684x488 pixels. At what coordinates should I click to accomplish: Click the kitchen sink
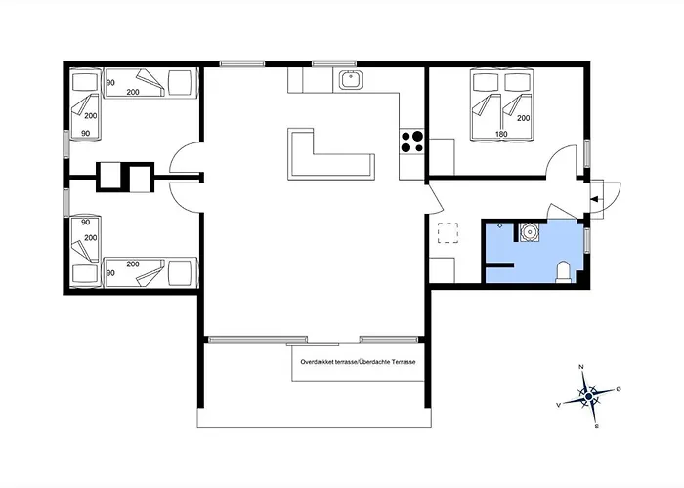[x=350, y=79]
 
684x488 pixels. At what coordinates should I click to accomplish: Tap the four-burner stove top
[x=412, y=142]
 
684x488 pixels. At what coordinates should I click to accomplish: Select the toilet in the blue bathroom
[x=564, y=272]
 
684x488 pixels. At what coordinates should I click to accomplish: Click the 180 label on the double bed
[x=501, y=135]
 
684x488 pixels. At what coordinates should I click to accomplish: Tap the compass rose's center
[x=589, y=396]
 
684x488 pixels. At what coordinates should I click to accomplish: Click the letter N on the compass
[x=581, y=367]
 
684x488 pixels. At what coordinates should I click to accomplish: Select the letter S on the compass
[x=597, y=427]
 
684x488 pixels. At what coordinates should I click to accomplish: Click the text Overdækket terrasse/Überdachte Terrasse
[x=358, y=362]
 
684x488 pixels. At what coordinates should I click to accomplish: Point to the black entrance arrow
[x=594, y=199]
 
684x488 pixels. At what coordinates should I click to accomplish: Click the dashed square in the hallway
[x=448, y=232]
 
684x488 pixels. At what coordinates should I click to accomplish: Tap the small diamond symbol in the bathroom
[x=500, y=225]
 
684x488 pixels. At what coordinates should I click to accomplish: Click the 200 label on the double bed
[x=523, y=118]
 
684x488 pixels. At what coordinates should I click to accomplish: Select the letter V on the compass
[x=558, y=405]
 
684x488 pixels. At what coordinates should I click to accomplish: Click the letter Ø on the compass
[x=619, y=388]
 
